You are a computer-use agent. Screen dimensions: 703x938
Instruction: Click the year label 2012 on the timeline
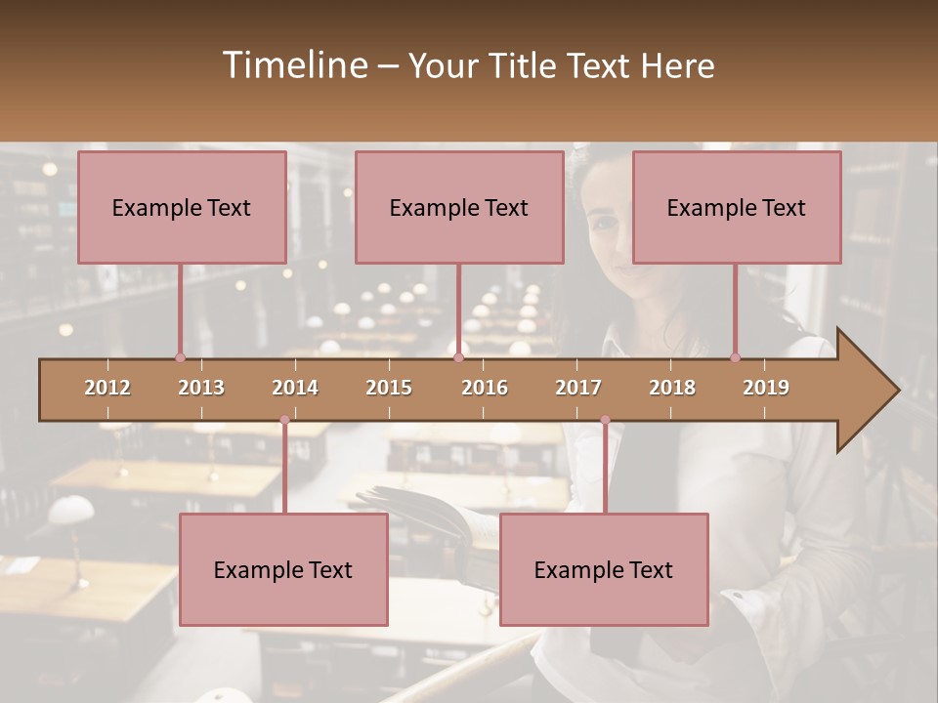tap(107, 388)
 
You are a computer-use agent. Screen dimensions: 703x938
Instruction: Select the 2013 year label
tap(201, 388)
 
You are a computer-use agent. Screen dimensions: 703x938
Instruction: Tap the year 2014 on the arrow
tap(295, 388)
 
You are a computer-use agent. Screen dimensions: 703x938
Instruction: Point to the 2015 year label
tap(389, 388)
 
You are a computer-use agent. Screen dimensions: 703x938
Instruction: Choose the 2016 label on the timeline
tap(485, 388)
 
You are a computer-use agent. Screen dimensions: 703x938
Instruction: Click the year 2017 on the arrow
tap(578, 388)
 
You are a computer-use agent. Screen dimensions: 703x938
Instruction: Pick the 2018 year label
tap(672, 388)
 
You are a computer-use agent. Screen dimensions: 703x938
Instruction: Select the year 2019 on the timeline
tap(766, 388)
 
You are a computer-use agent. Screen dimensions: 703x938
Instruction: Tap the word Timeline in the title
tap(293, 65)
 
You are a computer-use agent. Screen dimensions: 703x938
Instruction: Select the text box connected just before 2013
tap(182, 207)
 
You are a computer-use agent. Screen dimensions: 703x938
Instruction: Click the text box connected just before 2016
tap(459, 207)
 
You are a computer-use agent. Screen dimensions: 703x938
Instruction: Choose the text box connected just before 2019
tap(737, 207)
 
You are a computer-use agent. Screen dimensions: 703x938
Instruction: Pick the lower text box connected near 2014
tap(283, 569)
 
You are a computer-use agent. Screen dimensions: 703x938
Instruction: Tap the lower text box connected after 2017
tap(604, 569)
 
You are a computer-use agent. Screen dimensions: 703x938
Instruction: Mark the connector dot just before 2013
tap(180, 357)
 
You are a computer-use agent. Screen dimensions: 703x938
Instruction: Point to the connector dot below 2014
tap(284, 420)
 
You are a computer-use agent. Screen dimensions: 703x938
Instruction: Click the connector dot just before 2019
tap(735, 357)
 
